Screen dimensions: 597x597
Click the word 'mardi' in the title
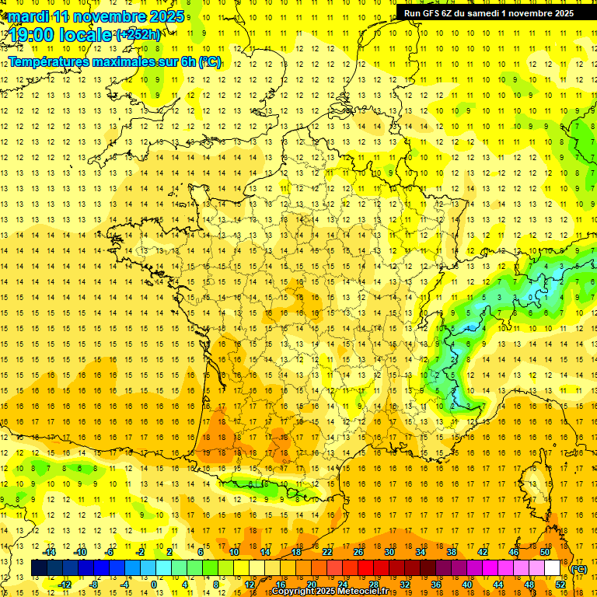[x=26, y=16]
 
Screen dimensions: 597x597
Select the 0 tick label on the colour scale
[x=154, y=584]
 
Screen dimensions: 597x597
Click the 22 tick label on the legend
[x=327, y=552]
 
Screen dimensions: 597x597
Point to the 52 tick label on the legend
[x=560, y=584]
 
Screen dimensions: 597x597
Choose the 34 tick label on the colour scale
[x=420, y=552]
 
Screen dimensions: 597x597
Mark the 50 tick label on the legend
[x=544, y=552]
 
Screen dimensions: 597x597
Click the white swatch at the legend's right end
[x=552, y=568]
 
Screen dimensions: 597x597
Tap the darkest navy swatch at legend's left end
[x=39, y=568]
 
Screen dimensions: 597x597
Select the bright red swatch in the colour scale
[x=365, y=568]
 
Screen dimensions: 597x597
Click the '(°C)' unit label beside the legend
[x=579, y=569]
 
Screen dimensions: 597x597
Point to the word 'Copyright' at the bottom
[x=293, y=592]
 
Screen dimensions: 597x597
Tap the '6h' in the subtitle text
[x=186, y=61]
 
